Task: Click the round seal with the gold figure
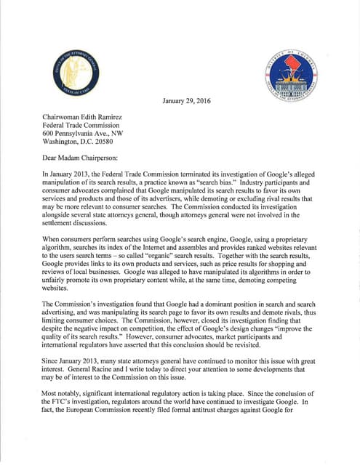pyautogui.click(x=76, y=75)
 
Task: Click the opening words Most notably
pyautogui.click(x=63, y=411)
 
